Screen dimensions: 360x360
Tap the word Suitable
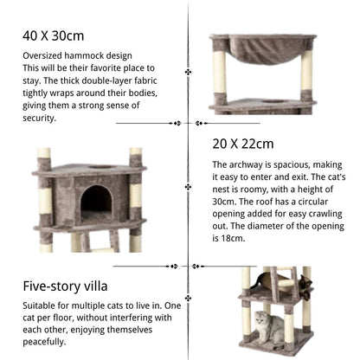tap(42, 305)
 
